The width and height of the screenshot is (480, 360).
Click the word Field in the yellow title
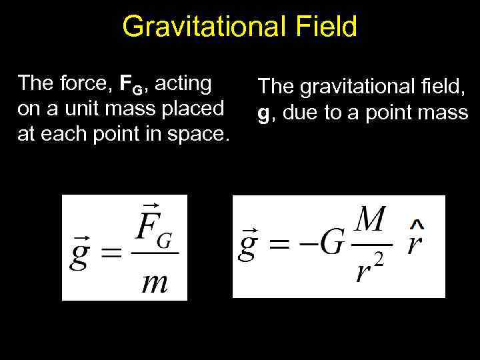coord(327,27)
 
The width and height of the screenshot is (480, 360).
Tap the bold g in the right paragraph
coord(264,115)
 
